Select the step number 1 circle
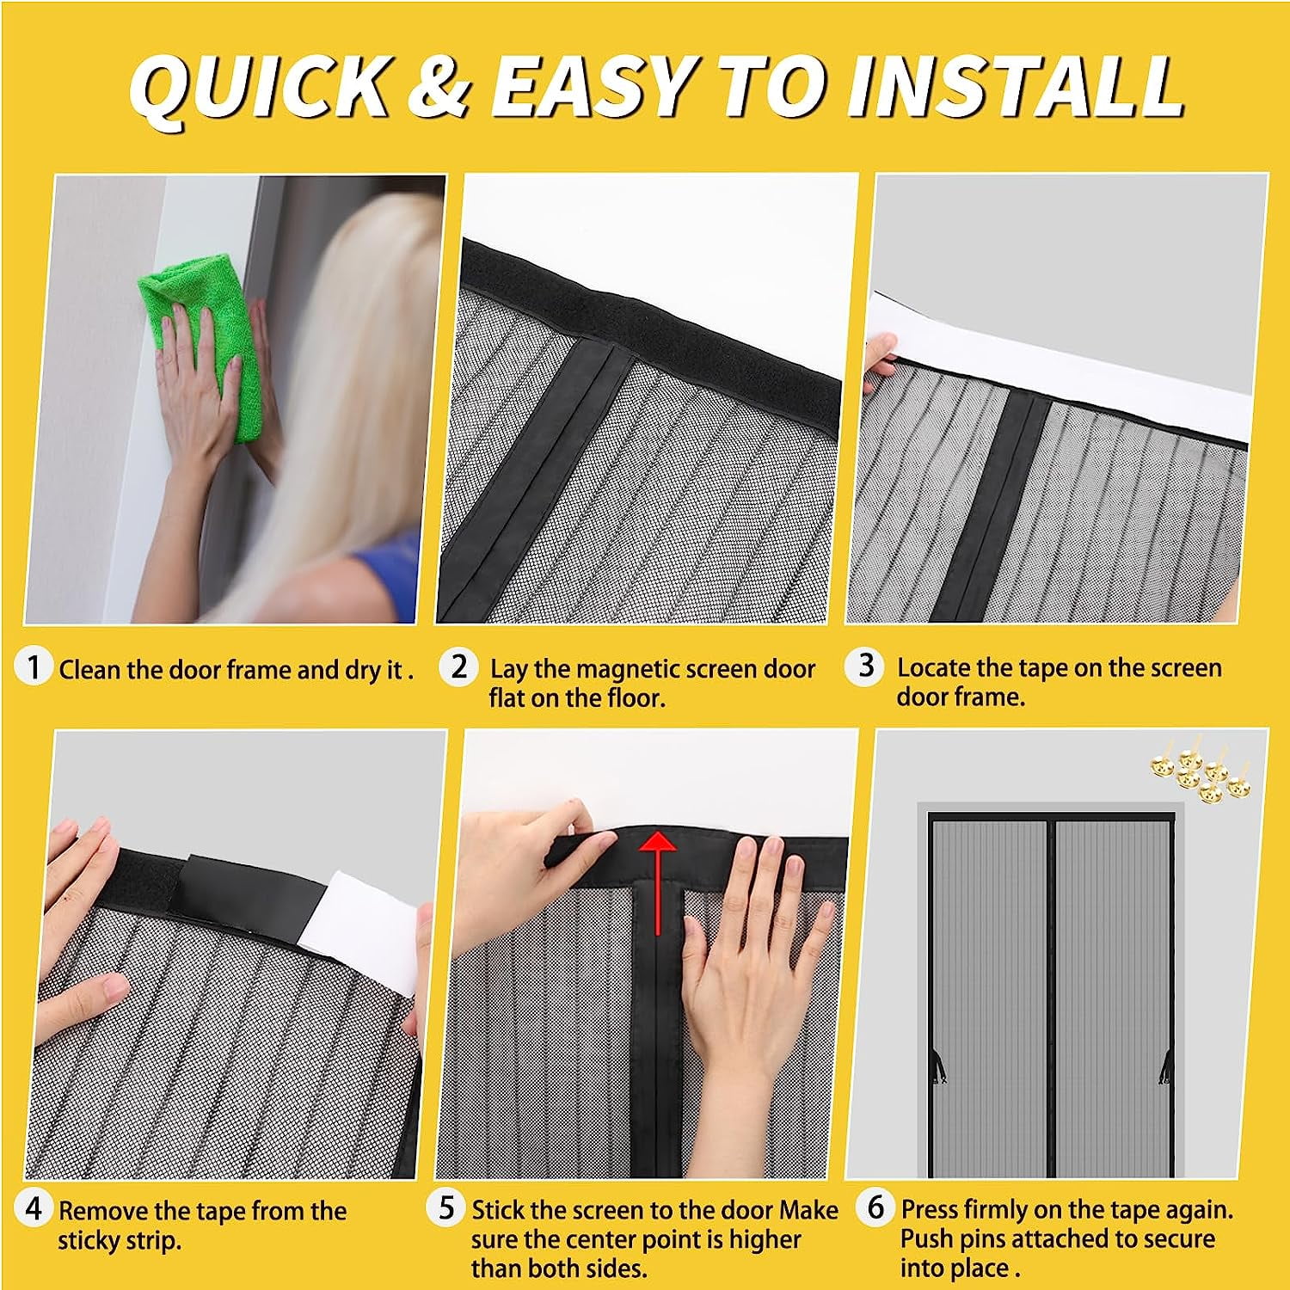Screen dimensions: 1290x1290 pyautogui.click(x=34, y=667)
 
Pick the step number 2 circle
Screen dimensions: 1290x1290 pyautogui.click(x=459, y=666)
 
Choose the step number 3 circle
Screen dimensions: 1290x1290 pyautogui.click(x=866, y=666)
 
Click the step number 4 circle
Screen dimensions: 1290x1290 pyautogui.click(x=34, y=1208)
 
